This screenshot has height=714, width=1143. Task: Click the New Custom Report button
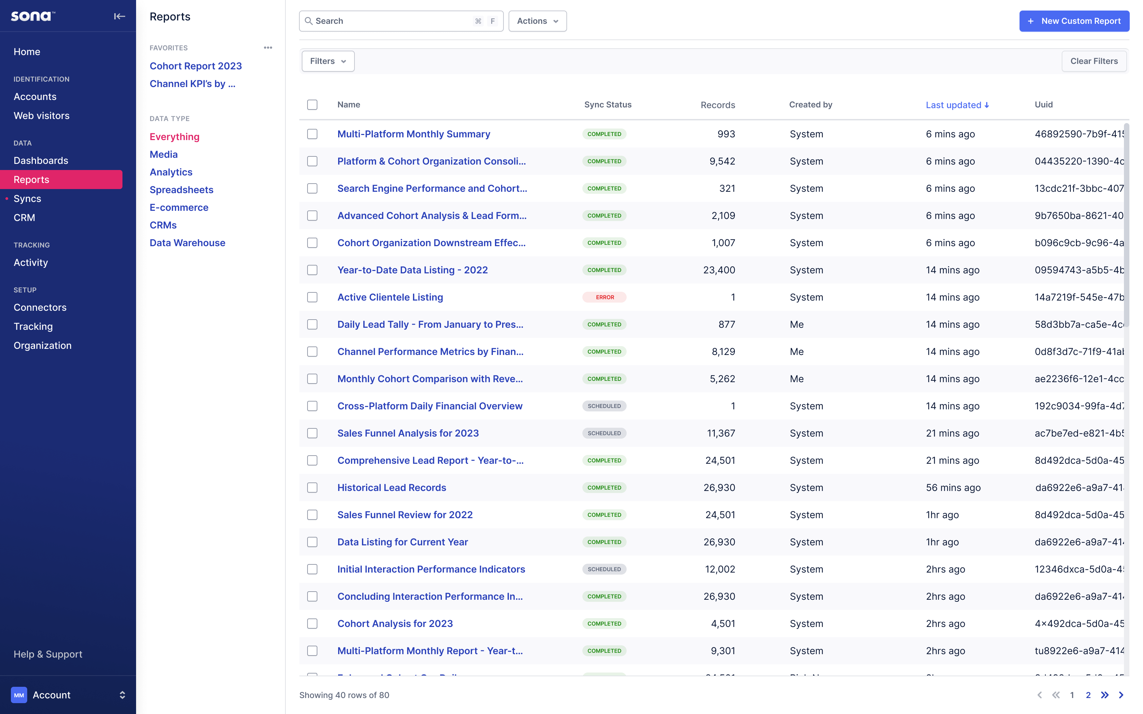pyautogui.click(x=1074, y=21)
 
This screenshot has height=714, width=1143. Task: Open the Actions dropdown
pyautogui.click(x=537, y=21)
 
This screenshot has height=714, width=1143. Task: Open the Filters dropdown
pyautogui.click(x=328, y=61)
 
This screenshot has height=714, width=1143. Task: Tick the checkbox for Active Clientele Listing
pyautogui.click(x=312, y=297)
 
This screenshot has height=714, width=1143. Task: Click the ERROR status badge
pyautogui.click(x=604, y=297)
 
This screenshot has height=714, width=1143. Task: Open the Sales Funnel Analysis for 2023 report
pyautogui.click(x=408, y=433)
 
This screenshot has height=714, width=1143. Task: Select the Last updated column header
pyautogui.click(x=957, y=105)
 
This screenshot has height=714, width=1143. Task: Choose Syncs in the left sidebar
pyautogui.click(x=28, y=198)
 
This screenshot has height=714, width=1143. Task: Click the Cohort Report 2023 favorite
pyautogui.click(x=196, y=66)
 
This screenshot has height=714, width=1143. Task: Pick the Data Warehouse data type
pyautogui.click(x=187, y=243)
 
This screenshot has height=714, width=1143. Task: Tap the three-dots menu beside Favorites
pyautogui.click(x=268, y=48)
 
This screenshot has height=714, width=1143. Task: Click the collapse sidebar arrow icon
pyautogui.click(x=119, y=17)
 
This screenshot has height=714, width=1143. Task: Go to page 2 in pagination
pyautogui.click(x=1088, y=695)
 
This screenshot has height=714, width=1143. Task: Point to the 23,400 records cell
pyautogui.click(x=718, y=270)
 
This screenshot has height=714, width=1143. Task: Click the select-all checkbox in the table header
pyautogui.click(x=312, y=105)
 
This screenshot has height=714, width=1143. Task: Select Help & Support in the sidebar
pyautogui.click(x=48, y=654)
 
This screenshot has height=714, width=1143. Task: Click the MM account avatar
pyautogui.click(x=19, y=695)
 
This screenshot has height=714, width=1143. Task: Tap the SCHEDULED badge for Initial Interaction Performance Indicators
pyautogui.click(x=604, y=569)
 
